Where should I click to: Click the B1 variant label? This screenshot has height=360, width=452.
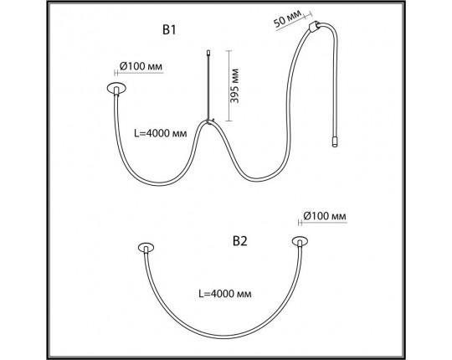pyautogui.click(x=169, y=30)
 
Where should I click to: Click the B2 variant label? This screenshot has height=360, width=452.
pyautogui.click(x=240, y=241)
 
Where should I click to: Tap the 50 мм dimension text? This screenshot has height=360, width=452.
pyautogui.click(x=287, y=18)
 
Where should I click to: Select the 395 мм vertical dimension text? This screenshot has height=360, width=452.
pyautogui.click(x=234, y=85)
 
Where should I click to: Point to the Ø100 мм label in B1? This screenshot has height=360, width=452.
pyautogui.click(x=141, y=66)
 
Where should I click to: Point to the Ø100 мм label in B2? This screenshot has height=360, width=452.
pyautogui.click(x=325, y=216)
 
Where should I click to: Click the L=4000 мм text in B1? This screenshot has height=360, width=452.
pyautogui.click(x=161, y=133)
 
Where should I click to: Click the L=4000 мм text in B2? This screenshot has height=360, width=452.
pyautogui.click(x=225, y=294)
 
